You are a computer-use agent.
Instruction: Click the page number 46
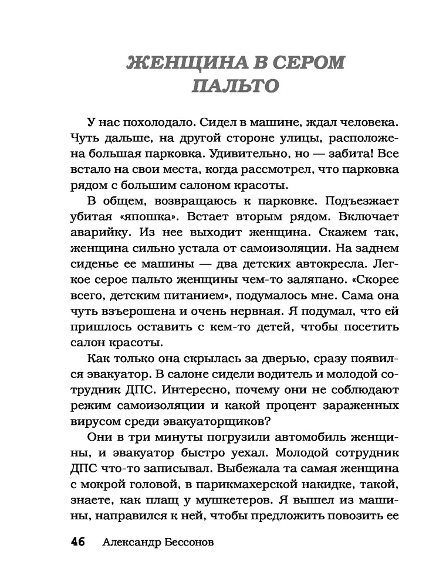[x=79, y=541]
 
